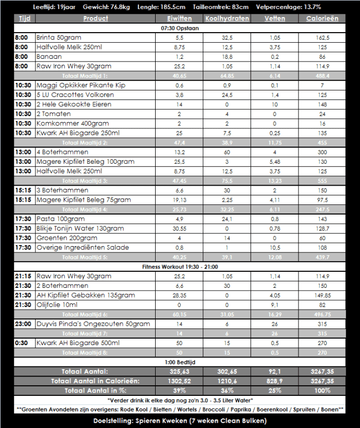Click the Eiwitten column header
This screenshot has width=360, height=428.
tap(180, 18)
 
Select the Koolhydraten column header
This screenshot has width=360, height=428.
tap(227, 18)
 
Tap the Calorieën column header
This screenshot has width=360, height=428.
tap(322, 18)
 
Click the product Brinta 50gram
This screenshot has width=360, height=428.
tap(58, 38)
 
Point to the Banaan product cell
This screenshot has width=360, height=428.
tap(49, 56)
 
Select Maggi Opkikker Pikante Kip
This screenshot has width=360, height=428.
tap(81, 85)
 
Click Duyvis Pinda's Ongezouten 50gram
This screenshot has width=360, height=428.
tap(93, 324)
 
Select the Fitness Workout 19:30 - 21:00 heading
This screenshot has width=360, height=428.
tap(180, 266)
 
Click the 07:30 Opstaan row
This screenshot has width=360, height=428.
tap(180, 28)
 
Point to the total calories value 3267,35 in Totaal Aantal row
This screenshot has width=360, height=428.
tap(322, 371)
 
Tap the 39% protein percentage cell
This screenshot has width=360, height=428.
tap(180, 390)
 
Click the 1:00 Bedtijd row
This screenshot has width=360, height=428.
tap(180, 362)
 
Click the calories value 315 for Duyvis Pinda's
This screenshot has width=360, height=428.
tap(322, 324)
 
